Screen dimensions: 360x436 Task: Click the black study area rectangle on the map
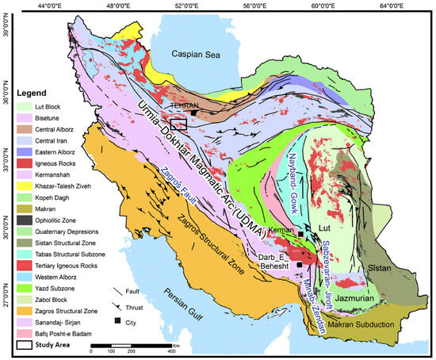coord(178,123)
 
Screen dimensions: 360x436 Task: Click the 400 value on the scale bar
coord(171,351)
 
